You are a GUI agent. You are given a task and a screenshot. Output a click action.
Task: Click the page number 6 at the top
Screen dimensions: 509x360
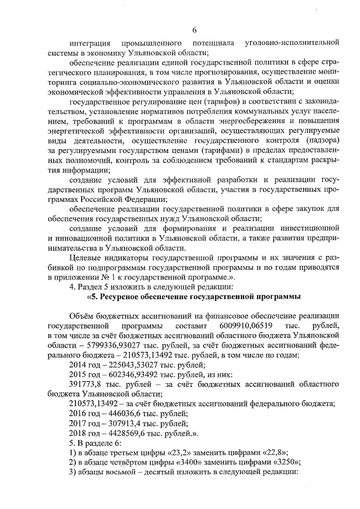pyautogui.click(x=194, y=30)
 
